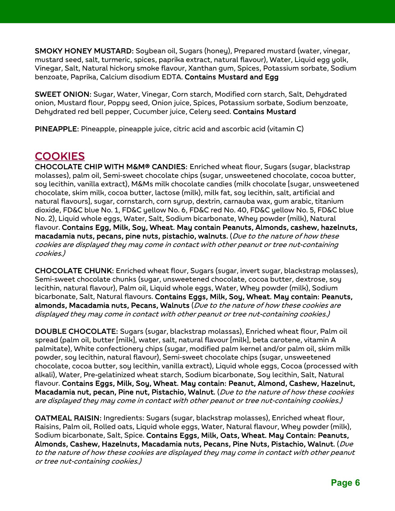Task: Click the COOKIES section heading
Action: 60,156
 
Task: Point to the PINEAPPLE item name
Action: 56,129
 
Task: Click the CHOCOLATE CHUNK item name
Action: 74,271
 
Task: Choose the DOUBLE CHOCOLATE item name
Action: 76,331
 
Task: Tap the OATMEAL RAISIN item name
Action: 68,418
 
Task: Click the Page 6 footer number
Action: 345,483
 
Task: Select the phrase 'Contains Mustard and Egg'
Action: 232,77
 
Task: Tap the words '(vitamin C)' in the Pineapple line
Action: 285,129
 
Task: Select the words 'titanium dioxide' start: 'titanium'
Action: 329,201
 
